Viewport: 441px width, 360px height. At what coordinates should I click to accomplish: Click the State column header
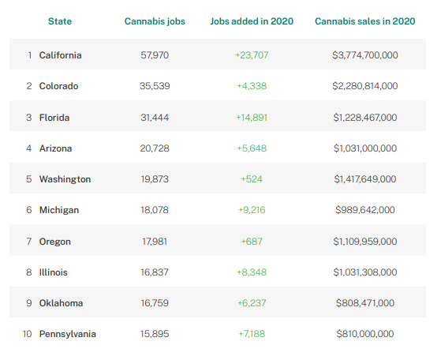point(60,21)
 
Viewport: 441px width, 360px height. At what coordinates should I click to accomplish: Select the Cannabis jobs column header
point(155,21)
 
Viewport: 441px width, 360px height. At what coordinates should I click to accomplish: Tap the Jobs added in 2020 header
point(252,21)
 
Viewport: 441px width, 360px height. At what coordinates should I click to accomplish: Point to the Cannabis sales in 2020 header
point(364,21)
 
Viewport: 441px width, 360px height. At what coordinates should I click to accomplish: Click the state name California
point(61,55)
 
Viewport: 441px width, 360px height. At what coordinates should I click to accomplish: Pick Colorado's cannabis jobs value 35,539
point(155,86)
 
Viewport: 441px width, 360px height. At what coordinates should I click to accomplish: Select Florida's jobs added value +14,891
point(252,118)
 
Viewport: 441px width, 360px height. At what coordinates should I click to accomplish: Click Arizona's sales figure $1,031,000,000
point(365,148)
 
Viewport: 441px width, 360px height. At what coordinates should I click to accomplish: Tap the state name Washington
point(65,179)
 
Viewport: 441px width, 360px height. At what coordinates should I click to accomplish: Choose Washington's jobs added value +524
point(252,179)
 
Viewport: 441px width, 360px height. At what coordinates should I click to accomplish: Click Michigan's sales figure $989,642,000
point(365,210)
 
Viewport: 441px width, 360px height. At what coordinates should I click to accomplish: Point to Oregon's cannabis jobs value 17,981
point(155,242)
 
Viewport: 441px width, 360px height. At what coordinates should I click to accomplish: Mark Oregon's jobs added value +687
point(252,242)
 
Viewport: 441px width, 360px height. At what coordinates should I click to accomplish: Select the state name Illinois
point(54,272)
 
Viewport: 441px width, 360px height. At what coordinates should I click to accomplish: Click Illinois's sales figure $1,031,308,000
point(365,272)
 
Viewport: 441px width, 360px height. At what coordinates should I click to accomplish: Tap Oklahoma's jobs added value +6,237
point(252,303)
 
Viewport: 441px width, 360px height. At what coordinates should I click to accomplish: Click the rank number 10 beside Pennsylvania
point(28,334)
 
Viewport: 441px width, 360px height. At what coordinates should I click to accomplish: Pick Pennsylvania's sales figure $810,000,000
point(365,334)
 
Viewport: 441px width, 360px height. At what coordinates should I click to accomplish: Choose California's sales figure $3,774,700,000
point(365,55)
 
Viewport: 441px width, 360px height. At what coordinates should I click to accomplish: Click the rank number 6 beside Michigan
point(29,210)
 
